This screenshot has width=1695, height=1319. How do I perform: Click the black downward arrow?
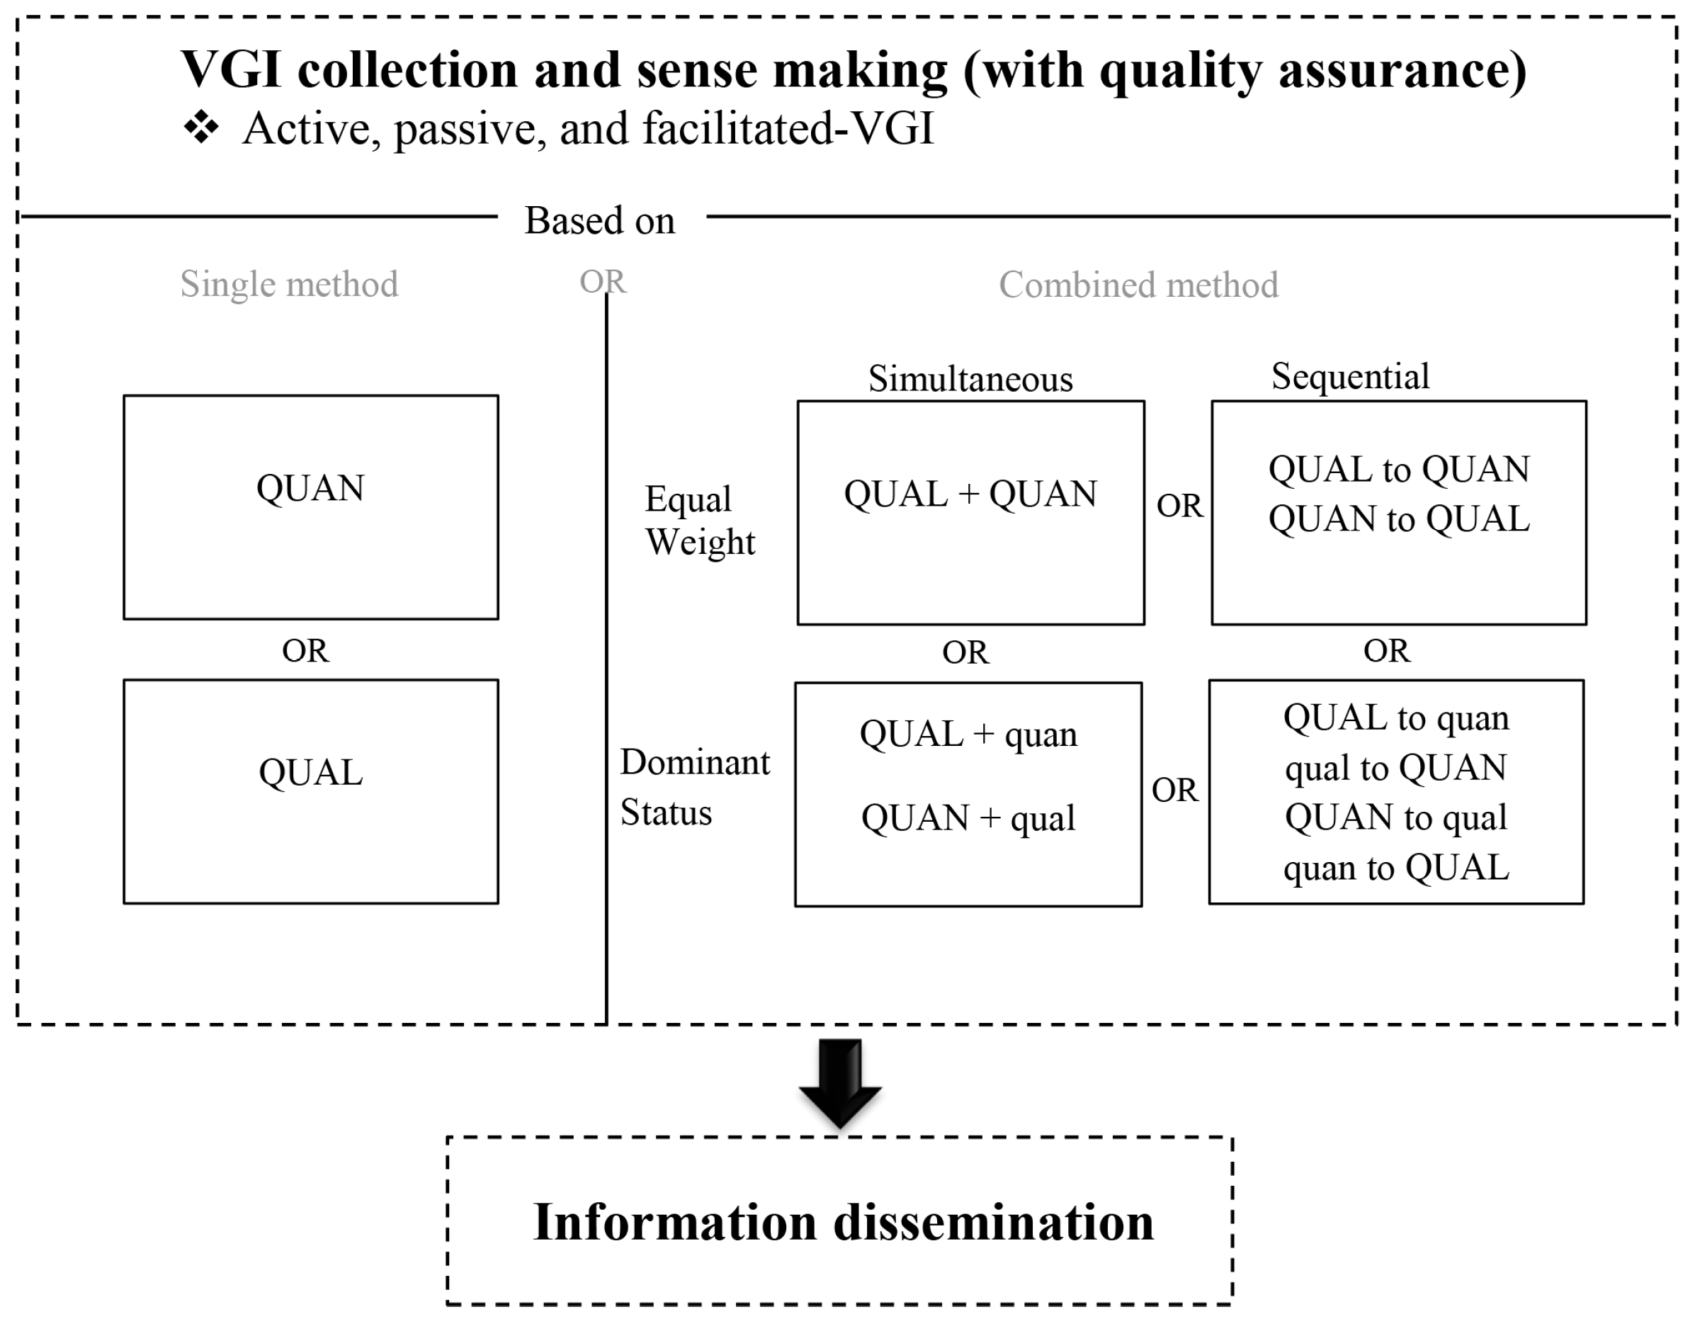coord(840,1082)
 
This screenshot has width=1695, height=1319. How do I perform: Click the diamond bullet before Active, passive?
coord(201,128)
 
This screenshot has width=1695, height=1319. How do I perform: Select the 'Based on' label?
coord(600,220)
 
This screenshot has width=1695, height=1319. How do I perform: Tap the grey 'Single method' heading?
coord(290,284)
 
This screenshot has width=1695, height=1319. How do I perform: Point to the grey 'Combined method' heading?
coord(1138,285)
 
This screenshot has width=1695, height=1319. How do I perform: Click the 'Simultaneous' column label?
coord(970,379)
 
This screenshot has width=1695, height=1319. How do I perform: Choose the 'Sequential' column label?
coord(1349,377)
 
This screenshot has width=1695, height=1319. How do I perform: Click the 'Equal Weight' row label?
coord(698,520)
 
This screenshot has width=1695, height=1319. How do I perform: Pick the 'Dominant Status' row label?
coord(694,787)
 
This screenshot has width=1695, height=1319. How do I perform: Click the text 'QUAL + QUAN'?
coord(970,494)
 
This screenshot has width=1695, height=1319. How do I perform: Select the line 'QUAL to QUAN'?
coord(1398,469)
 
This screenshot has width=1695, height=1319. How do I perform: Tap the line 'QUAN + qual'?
coord(968,818)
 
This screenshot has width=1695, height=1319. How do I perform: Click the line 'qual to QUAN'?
coord(1395,768)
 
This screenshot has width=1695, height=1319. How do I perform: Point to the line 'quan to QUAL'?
coord(1395,867)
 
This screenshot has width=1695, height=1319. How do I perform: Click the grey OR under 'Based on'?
coord(602,281)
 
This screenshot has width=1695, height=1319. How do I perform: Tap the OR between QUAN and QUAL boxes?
coord(305,650)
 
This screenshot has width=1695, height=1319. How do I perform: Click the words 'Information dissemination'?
coord(843,1223)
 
